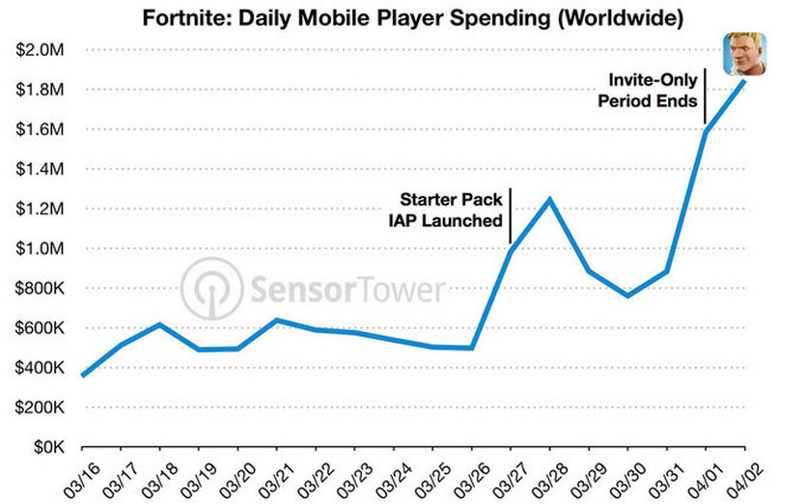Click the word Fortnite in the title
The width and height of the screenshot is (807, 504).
(187, 18)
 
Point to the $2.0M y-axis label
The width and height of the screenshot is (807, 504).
(41, 50)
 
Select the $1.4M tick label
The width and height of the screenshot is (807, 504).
(41, 169)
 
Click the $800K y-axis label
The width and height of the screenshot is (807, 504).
(41, 289)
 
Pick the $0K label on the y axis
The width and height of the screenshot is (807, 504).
(49, 447)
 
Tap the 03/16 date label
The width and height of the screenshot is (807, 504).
(80, 480)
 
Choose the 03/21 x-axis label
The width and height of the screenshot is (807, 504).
(275, 480)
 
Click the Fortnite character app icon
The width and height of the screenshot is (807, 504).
(744, 54)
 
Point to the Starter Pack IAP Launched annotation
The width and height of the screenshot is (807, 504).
(446, 210)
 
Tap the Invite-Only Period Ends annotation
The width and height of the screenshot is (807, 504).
(648, 90)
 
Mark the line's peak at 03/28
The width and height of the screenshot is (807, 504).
(549, 200)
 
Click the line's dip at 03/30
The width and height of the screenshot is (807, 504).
(627, 295)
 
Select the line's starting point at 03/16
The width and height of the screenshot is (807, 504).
(83, 376)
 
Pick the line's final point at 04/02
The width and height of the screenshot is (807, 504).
(744, 81)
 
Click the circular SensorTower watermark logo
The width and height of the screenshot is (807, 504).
(211, 289)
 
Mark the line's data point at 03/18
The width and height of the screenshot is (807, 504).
(160, 324)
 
